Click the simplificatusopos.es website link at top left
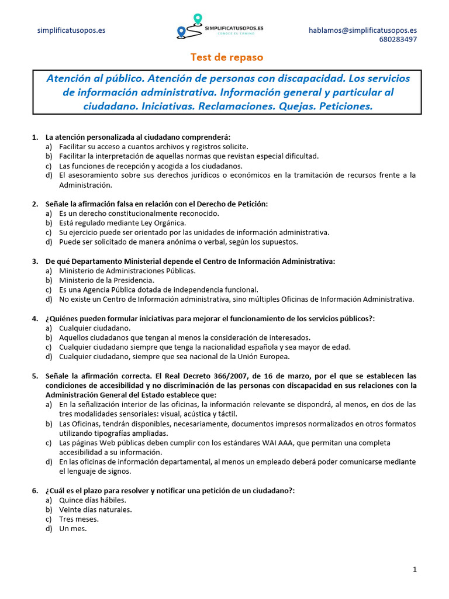(x=71, y=30)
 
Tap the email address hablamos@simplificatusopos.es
(x=362, y=30)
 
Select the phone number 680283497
(x=398, y=40)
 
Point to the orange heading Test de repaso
(x=227, y=57)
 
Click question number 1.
(x=35, y=137)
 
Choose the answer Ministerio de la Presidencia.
(x=106, y=280)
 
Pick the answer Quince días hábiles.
(x=92, y=500)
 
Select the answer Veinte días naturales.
(x=95, y=510)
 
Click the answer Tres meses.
(x=79, y=519)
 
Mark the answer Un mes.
(x=72, y=528)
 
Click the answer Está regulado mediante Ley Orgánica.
(x=122, y=222)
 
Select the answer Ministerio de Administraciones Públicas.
(x=127, y=270)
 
